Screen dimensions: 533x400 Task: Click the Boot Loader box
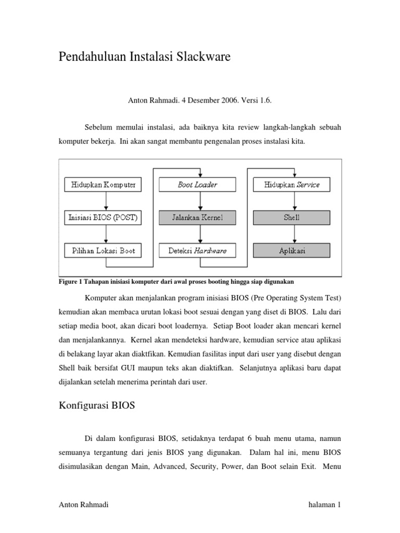point(197,185)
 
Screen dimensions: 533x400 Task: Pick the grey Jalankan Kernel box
point(197,218)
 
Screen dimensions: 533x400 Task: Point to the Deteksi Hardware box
point(197,251)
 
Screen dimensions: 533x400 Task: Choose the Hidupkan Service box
point(292,185)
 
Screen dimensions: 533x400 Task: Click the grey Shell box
point(292,218)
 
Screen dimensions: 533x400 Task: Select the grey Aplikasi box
point(292,251)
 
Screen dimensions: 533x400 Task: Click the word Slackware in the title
point(201,57)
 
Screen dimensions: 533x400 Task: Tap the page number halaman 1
point(324,505)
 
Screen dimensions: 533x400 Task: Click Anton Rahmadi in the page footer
point(81,505)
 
